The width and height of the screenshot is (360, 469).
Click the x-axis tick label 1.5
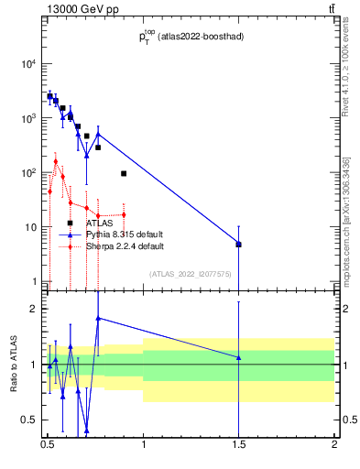click(x=238, y=451)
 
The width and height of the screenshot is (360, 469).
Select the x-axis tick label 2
click(x=334, y=451)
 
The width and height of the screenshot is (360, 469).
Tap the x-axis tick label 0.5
click(x=48, y=451)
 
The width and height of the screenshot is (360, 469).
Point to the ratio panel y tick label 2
click(x=33, y=310)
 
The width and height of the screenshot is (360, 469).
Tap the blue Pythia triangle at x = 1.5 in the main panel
click(x=238, y=244)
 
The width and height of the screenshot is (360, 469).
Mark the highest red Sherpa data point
click(x=56, y=161)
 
